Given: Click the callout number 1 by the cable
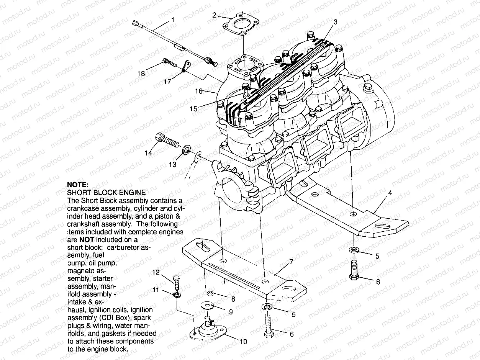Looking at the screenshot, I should [173, 19].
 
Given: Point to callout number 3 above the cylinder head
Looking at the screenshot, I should [336, 22].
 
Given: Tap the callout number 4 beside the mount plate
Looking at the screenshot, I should [390, 193].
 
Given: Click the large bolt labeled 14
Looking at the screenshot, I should [167, 140].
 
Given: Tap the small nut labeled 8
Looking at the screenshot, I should [210, 293].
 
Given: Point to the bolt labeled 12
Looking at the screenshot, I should [176, 282].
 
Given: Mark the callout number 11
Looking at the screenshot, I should [156, 290].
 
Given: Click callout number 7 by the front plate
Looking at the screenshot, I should [291, 262].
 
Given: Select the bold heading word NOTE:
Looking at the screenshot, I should [78, 184].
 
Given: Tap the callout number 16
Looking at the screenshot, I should [198, 91].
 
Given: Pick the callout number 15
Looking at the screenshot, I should [193, 109].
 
